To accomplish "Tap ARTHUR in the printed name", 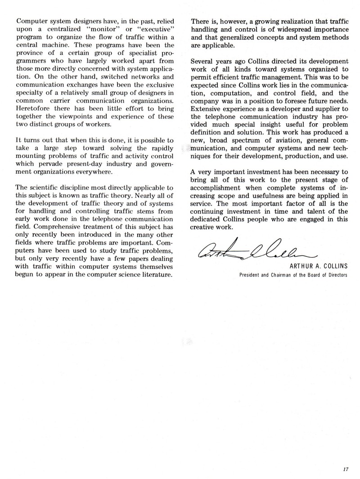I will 295,267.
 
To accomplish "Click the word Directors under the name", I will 335,275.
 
